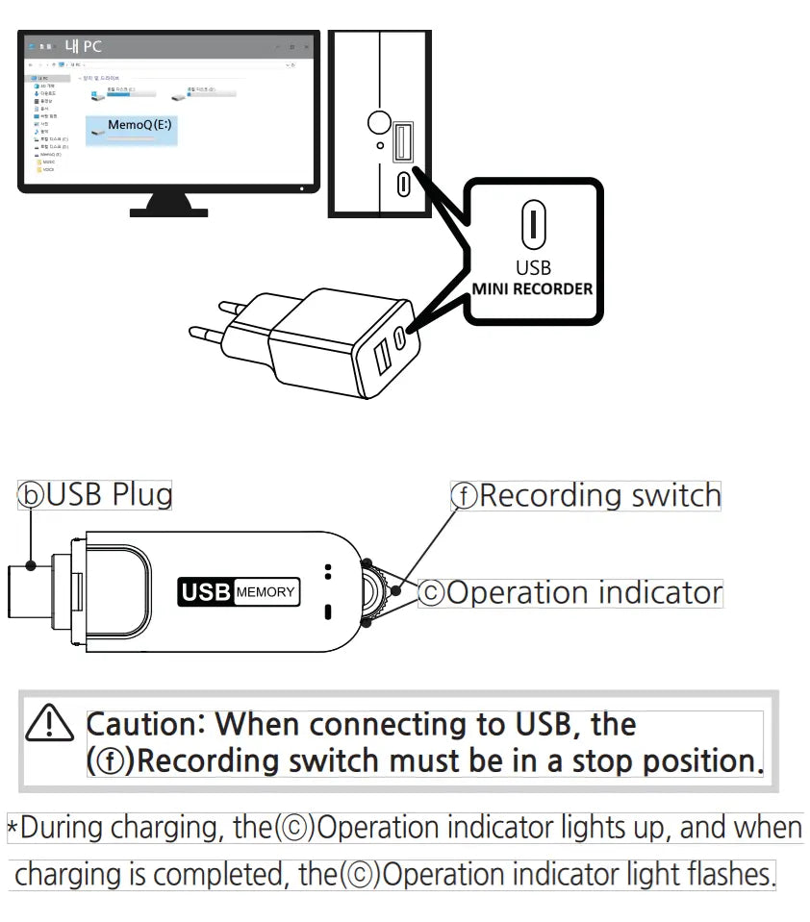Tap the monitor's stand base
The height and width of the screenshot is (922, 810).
pyautogui.click(x=168, y=206)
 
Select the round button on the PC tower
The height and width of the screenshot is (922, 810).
pyautogui.click(x=380, y=122)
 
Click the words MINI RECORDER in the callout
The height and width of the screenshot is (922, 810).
pyautogui.click(x=532, y=288)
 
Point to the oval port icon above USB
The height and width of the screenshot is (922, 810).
pyautogui.click(x=533, y=223)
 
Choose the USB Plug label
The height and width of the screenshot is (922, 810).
pyautogui.click(x=96, y=494)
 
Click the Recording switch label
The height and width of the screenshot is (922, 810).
pyautogui.click(x=586, y=495)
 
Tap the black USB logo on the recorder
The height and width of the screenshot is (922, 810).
pyautogui.click(x=206, y=592)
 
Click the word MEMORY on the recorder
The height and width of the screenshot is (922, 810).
pyautogui.click(x=266, y=592)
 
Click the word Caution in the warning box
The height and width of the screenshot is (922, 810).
pyautogui.click(x=144, y=724)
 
